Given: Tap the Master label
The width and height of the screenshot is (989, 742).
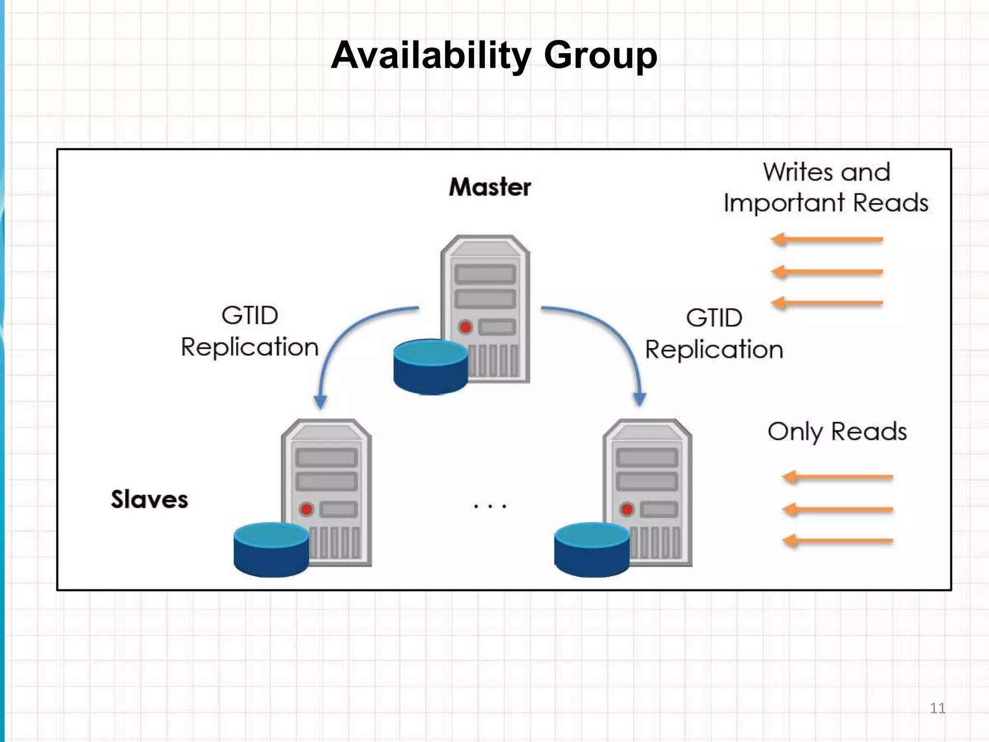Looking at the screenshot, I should tap(490, 187).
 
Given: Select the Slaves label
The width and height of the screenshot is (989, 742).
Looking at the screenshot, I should tap(149, 499).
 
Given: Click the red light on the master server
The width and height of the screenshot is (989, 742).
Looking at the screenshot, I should tap(466, 327).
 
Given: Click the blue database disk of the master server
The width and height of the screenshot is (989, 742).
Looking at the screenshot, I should tap(430, 367).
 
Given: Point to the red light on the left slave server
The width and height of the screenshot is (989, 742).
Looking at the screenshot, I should tap(306, 509).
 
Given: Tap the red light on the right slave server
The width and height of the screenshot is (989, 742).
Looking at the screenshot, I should tap(627, 509).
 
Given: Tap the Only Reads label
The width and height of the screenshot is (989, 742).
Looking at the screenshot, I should tap(837, 431).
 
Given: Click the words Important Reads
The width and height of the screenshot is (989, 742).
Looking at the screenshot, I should tap(826, 203).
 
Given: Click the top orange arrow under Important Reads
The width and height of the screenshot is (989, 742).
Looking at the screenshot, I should tap(827, 239).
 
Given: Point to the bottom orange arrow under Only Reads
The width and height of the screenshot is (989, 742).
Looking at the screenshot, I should tap(837, 541).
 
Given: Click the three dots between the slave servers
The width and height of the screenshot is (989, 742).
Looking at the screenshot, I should tap(490, 506).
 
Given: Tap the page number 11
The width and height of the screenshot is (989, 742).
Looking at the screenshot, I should tap(937, 708).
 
